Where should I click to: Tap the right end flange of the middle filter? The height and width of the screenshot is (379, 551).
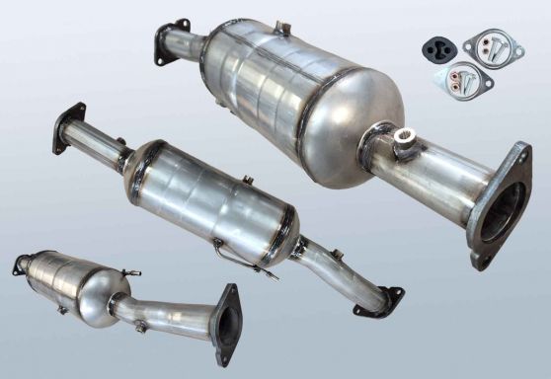click(381, 301)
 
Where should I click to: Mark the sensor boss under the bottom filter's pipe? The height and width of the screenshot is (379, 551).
click(142, 325)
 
